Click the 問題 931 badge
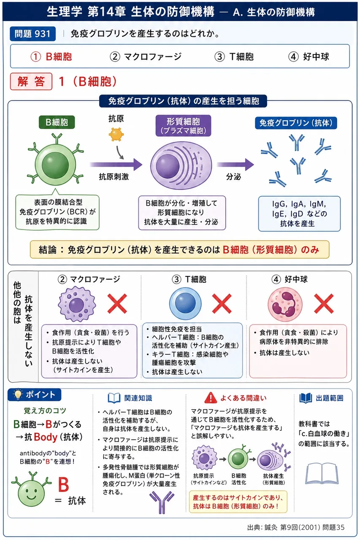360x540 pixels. [32, 34]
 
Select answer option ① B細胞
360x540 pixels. [51, 57]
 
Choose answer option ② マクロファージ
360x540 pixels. [146, 57]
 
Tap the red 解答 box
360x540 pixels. [31, 81]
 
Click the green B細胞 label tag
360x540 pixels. [57, 122]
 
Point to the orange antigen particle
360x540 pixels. [116, 134]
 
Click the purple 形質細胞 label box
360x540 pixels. [183, 126]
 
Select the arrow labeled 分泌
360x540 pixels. [235, 165]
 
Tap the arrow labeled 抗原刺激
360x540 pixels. [116, 165]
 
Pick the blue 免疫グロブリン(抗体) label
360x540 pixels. [296, 123]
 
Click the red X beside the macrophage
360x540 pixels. [117, 303]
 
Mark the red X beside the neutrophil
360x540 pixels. [324, 303]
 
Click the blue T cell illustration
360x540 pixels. [185, 303]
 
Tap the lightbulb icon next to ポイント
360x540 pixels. [18, 394]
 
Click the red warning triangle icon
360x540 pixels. [211, 398]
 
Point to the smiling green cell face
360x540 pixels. [32, 492]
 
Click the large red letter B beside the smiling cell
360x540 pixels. [63, 485]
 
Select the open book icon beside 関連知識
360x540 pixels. [114, 398]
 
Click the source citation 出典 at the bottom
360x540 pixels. [296, 527]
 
